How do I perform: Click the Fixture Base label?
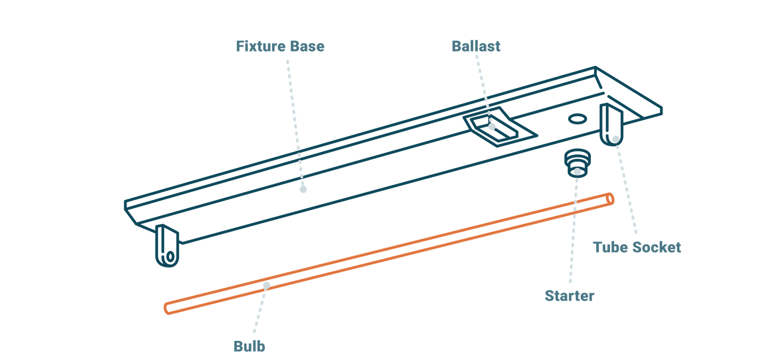tap(280, 46)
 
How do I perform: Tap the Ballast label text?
tap(476, 46)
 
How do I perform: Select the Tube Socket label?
tap(637, 247)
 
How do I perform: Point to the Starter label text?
tap(569, 296)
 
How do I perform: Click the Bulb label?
tap(249, 346)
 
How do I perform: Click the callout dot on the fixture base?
tap(303, 189)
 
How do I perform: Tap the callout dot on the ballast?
tap(492, 126)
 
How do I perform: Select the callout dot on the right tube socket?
tap(616, 139)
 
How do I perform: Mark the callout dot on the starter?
tap(577, 172)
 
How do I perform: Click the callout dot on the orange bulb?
tap(267, 285)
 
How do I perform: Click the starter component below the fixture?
tap(577, 161)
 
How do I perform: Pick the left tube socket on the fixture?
tap(167, 245)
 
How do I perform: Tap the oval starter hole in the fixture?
tap(578, 119)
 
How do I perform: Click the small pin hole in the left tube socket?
tap(170, 256)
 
